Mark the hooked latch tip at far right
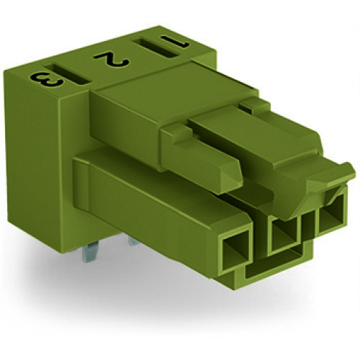346,173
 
